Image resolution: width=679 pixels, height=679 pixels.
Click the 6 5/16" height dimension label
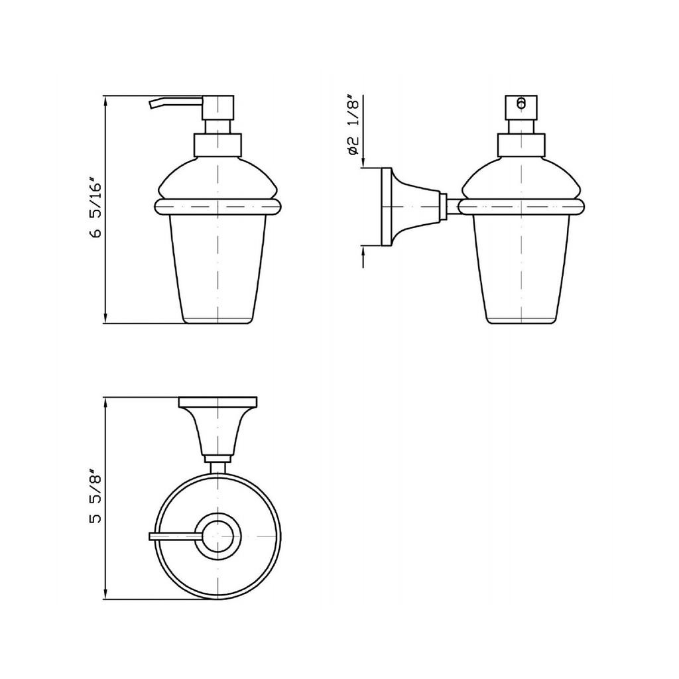[95, 208]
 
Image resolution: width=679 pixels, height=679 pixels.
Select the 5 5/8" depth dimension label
[95, 496]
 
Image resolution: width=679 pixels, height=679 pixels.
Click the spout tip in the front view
[151, 104]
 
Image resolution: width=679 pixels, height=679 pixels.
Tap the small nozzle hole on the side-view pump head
[521, 103]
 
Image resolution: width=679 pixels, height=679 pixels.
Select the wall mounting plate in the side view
[387, 207]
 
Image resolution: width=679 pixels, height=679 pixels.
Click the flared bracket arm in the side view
[416, 207]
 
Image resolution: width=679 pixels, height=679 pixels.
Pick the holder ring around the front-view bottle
[217, 207]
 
